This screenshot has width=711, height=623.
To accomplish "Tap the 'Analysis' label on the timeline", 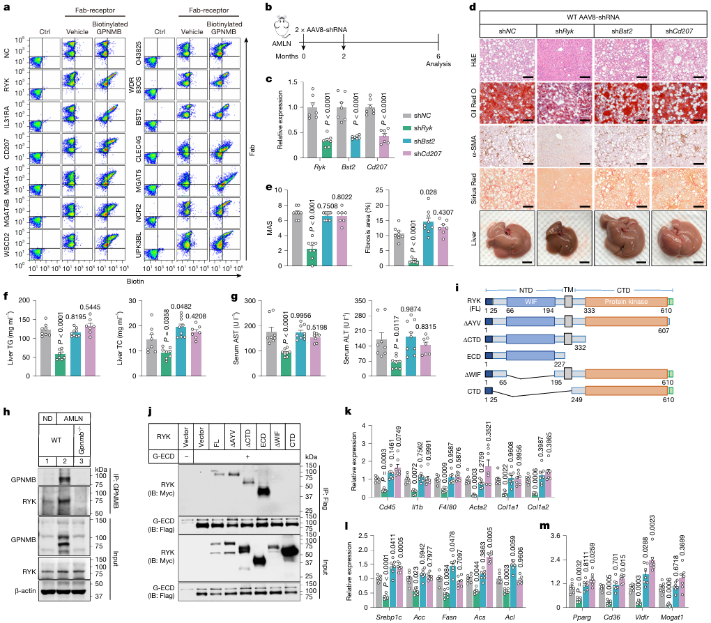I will click(x=438, y=65).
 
